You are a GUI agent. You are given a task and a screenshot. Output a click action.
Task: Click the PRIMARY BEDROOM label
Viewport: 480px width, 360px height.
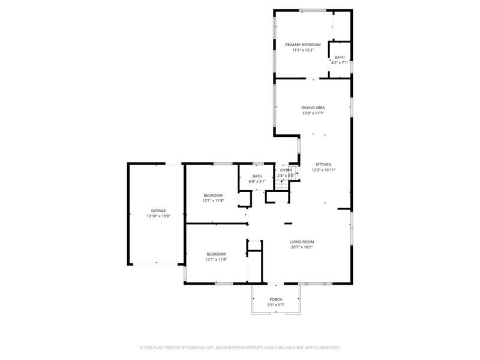point(302,45)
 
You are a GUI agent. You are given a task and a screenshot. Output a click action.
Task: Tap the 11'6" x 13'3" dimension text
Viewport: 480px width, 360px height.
point(302,50)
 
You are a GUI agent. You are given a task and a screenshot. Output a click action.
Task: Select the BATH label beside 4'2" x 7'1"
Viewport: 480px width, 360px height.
point(340,57)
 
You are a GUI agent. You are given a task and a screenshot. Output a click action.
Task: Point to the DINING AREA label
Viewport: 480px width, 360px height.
point(313,107)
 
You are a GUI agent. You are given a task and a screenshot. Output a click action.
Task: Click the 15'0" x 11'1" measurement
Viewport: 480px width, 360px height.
point(313,113)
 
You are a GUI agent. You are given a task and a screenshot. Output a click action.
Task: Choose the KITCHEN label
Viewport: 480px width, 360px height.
point(323,164)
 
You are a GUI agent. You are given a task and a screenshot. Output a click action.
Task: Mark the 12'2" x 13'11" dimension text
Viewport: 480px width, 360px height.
point(323,170)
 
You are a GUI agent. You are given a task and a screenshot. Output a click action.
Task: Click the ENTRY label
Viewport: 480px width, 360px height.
point(286,170)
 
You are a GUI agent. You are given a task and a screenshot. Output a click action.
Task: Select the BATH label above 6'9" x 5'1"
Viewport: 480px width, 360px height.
point(257,176)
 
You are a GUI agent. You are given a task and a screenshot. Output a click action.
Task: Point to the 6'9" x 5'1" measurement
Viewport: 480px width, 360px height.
point(257,181)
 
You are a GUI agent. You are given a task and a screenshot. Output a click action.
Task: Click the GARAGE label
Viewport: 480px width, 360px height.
point(158,211)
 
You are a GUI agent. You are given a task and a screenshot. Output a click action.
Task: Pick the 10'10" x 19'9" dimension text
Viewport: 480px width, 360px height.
point(158,216)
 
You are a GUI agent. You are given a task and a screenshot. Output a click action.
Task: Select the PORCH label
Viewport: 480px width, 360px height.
point(276,299)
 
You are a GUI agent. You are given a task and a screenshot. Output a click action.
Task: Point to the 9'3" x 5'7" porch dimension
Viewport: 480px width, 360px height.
point(276,305)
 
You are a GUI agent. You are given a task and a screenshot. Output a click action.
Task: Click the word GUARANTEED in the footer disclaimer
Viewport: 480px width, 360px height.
point(326,347)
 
